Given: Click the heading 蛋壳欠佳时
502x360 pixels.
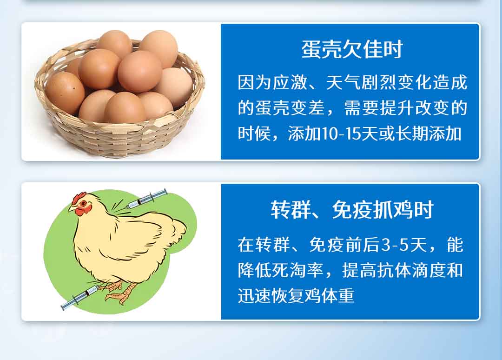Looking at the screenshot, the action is pos(351,50).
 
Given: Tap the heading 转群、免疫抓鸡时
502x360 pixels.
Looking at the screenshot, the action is pos(352,210).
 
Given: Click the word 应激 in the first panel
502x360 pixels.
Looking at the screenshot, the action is pos(290,82).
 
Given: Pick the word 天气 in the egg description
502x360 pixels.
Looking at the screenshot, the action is pos(343,82).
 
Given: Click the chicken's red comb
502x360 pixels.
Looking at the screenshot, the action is pos(79,198).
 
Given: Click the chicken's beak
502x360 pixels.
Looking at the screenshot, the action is pos(72,208).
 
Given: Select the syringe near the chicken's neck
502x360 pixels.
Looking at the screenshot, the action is pos(146,199).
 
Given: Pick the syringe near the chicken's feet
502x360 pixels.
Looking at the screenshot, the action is pos(79,298).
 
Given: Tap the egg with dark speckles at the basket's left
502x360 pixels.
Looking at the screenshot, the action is pos(65,93).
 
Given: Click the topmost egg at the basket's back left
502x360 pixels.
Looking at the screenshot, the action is pos(114,43).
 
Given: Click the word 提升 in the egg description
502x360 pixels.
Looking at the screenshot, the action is pos(396,108).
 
